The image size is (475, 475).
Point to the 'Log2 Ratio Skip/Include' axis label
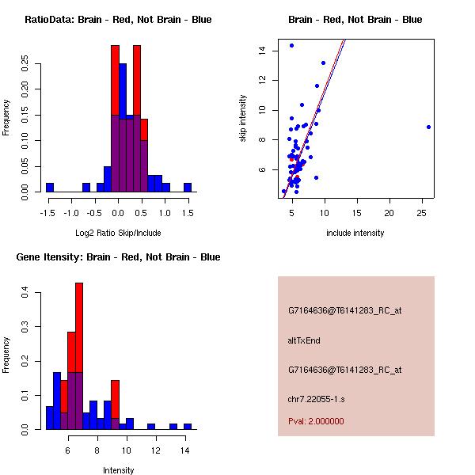[118, 233]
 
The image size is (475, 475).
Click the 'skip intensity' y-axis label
[243, 119]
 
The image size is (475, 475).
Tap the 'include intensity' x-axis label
[355, 233]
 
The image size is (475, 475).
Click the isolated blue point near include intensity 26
[428, 127]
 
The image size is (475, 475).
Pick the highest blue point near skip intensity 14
[292, 45]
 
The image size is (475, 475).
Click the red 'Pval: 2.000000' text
[316, 421]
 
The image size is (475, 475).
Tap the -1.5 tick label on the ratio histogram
[49, 212]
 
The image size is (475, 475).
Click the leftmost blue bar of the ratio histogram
[49, 188]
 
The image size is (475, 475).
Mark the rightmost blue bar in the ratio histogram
[188, 188]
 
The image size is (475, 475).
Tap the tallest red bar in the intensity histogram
[79, 356]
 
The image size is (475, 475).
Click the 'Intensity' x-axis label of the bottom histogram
[118, 470]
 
